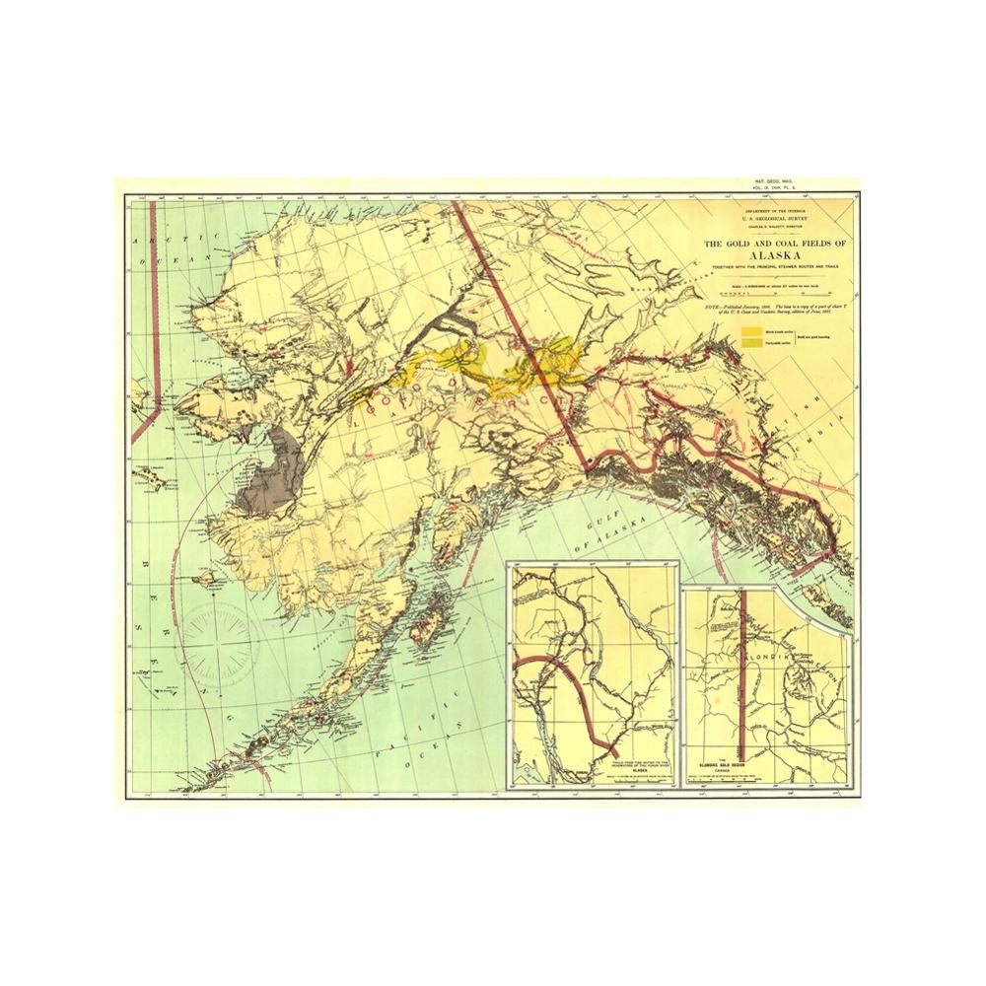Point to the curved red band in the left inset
[567, 690]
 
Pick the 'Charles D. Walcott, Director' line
[775, 226]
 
